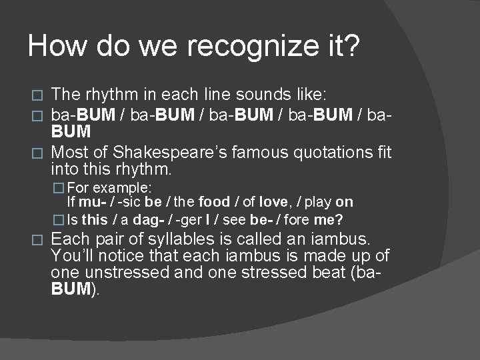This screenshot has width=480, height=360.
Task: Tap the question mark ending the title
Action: coord(351,47)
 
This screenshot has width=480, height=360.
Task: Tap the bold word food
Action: coord(213,201)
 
